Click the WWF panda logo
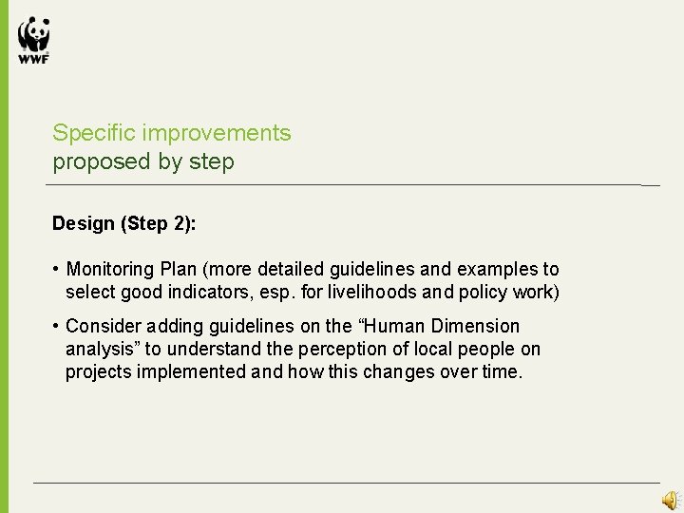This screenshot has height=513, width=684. point(33,41)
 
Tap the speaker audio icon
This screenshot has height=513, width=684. point(671,500)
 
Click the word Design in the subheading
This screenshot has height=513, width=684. point(83,224)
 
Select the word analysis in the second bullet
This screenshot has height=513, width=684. point(101,349)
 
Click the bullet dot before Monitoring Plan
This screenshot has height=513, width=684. point(57,270)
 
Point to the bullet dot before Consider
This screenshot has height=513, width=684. point(57,327)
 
